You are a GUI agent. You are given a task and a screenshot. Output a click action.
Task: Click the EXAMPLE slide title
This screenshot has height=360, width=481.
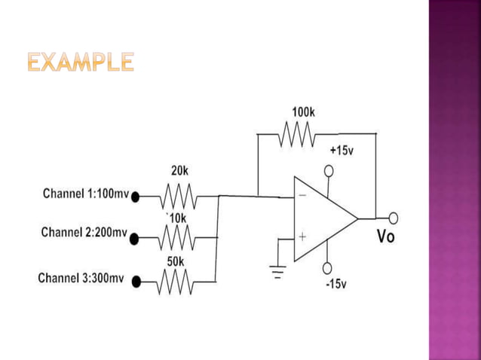click(81, 62)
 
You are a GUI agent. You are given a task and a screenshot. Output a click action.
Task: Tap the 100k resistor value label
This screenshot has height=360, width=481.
click(303, 112)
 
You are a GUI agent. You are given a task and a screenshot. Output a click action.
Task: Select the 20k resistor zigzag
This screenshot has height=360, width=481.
click(179, 197)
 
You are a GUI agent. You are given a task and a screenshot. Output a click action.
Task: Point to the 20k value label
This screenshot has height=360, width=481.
click(179, 171)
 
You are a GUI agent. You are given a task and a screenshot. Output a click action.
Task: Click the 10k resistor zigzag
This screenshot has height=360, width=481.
click(177, 239)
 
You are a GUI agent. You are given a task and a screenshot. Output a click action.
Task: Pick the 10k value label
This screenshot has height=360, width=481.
click(177, 218)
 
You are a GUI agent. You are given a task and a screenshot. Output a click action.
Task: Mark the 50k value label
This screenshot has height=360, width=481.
click(176, 261)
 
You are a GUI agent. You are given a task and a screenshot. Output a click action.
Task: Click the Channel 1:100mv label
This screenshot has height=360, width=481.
click(86, 194)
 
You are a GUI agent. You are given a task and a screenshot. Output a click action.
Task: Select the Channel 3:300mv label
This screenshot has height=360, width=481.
click(81, 278)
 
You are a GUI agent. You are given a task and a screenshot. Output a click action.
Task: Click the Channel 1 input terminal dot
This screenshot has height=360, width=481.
click(136, 197)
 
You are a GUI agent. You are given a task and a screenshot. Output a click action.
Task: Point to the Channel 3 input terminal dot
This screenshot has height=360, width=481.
click(136, 282)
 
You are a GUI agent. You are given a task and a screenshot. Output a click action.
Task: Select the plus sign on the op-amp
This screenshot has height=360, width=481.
click(302, 236)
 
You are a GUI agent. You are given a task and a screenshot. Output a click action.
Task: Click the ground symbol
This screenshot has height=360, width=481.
click(279, 270)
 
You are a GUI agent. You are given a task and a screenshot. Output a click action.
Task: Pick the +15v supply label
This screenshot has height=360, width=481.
click(342, 151)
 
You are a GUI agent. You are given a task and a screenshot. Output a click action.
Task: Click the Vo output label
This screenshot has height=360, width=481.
click(385, 236)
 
